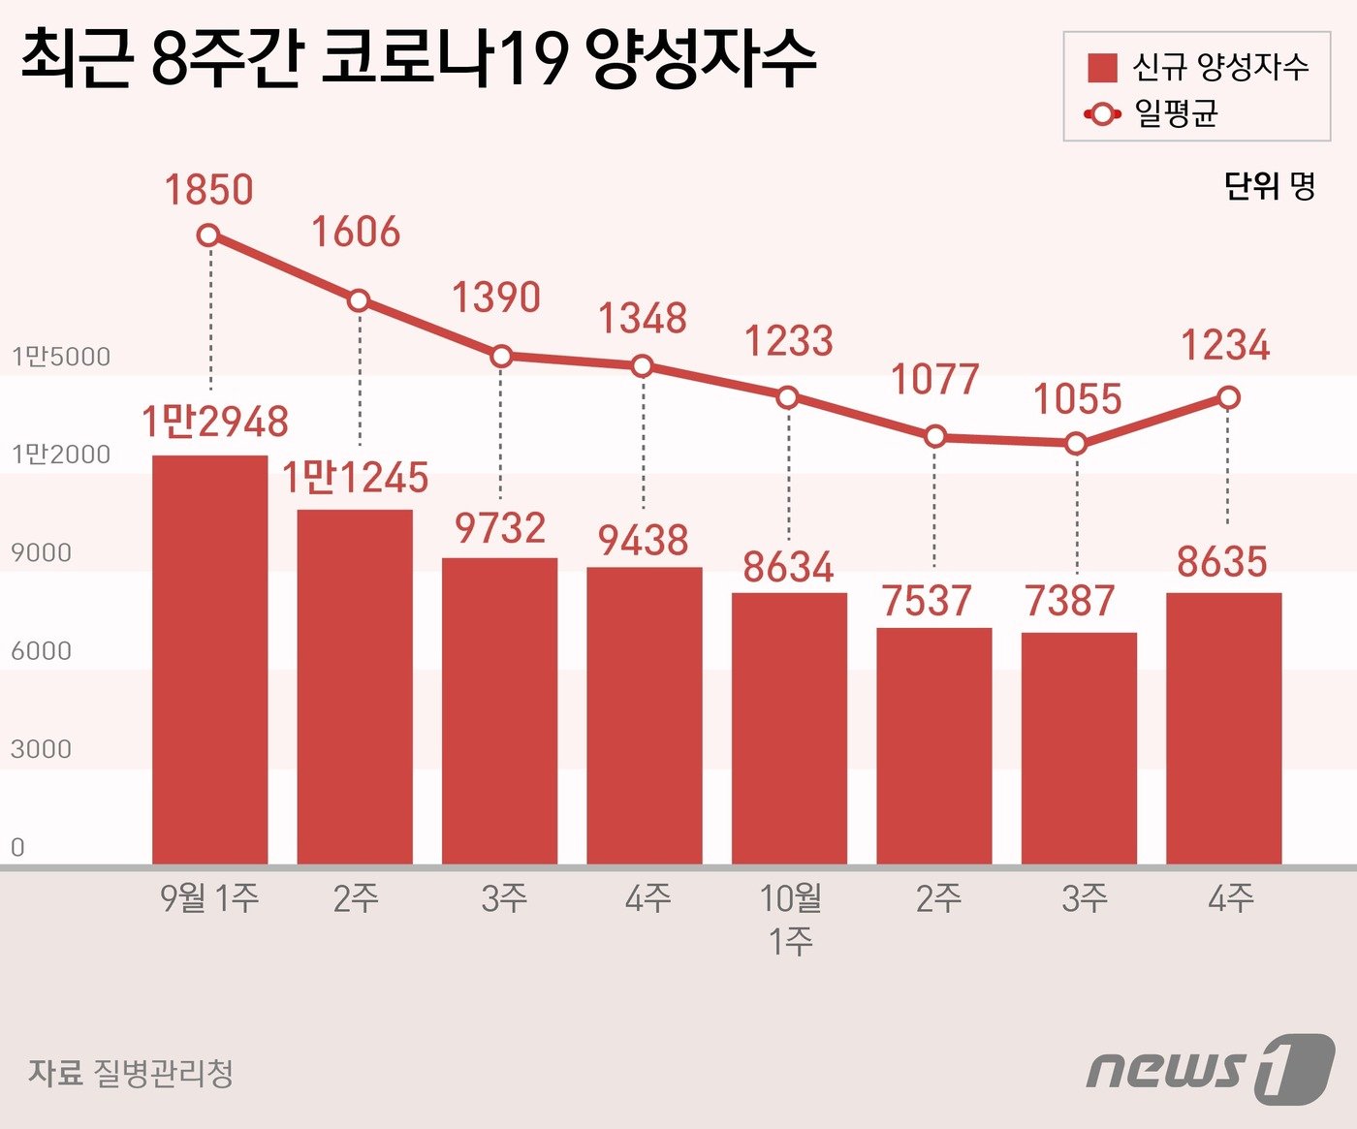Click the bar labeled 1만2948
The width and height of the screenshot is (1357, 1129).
pos(209,659)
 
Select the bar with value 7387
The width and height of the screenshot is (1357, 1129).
pos(1079,748)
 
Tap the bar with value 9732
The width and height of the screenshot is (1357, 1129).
pos(499,710)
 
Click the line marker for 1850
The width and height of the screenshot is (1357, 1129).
pos(207,235)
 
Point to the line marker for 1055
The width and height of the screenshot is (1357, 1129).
pos(1076,444)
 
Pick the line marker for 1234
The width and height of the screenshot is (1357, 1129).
pos(1228,397)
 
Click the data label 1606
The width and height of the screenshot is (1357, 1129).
pos(355,233)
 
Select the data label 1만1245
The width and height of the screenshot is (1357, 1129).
pos(355,478)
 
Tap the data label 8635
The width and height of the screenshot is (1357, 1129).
pos(1222,562)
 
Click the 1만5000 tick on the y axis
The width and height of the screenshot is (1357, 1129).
pos(60,357)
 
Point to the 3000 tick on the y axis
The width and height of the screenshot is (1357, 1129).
pos(41,749)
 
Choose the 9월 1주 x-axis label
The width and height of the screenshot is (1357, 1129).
pos(209,898)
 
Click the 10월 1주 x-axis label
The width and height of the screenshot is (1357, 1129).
pos(790,919)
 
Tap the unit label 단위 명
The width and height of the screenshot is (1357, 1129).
pos(1269,185)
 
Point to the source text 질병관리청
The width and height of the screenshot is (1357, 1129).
pos(162,1073)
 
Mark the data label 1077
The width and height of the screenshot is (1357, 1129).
pos(934,380)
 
